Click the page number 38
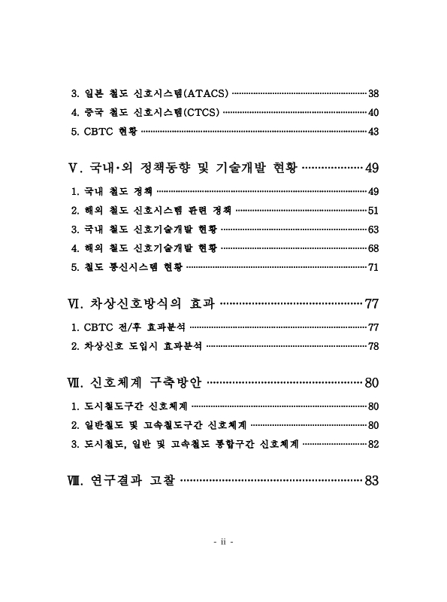coord(373,94)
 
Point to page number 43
coord(373,132)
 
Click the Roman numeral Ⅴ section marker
coord(72,167)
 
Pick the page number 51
coord(373,210)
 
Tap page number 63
coord(373,229)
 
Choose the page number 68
coord(373,248)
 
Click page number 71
coord(373,266)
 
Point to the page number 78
coord(373,346)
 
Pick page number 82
coord(373,444)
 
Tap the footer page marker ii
coord(223,543)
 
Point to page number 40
coord(373,113)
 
